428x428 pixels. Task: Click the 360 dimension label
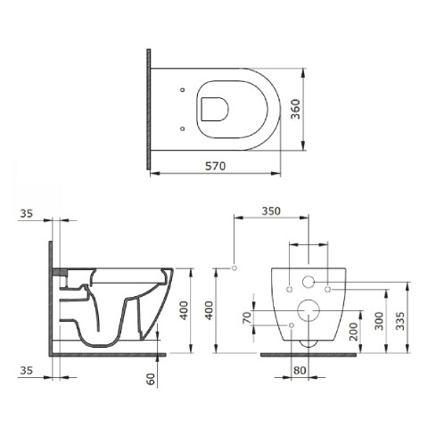pos(295,110)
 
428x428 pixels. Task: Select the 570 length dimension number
pos(216,166)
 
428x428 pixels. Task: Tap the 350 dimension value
pos(271,211)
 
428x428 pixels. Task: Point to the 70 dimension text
pos(247,317)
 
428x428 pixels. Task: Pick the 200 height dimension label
pos(354,332)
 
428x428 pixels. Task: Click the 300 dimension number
pos(379,321)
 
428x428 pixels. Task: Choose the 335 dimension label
pos(400,321)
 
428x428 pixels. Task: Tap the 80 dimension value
pos(300,370)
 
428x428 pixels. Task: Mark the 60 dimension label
pos(151,379)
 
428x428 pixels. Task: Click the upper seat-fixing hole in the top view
pos(183,90)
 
